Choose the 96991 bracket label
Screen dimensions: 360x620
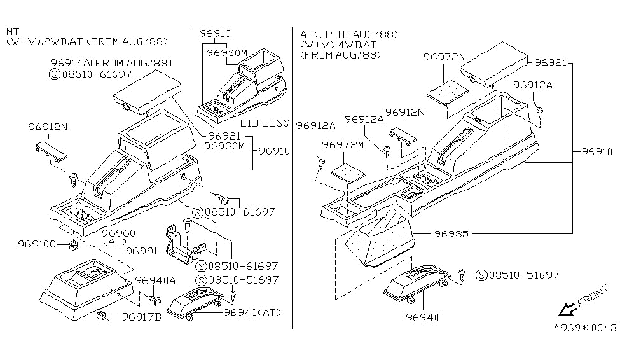[142, 251]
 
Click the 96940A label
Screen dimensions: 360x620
[155, 280]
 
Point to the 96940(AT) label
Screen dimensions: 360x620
[252, 312]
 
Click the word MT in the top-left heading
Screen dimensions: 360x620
[13, 31]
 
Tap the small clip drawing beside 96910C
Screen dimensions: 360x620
[74, 244]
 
